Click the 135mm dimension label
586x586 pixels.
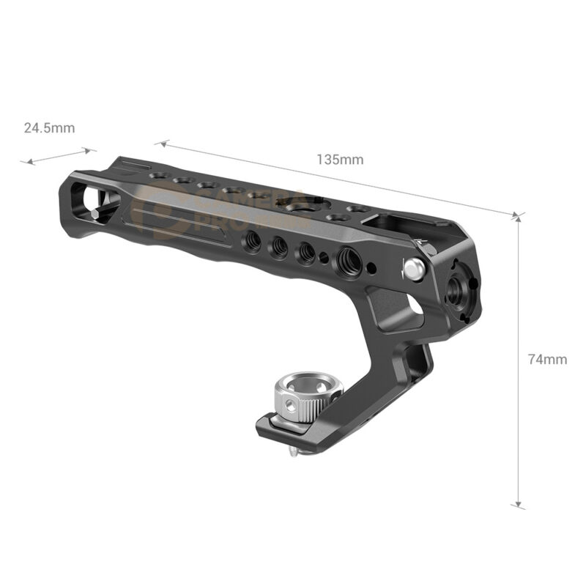340,159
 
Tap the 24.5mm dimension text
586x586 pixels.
49,127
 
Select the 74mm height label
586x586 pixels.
547,359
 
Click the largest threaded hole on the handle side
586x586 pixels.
345,259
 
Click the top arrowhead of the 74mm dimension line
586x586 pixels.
519,218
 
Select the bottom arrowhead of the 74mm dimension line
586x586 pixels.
519,504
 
